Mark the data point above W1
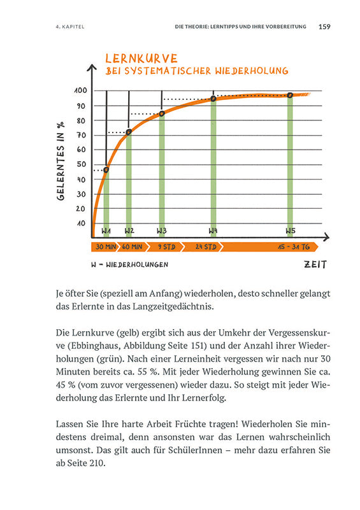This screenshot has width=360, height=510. [106, 169]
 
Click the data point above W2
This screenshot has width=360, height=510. [129, 132]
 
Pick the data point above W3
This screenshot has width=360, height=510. [162, 113]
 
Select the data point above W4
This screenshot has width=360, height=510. [213, 99]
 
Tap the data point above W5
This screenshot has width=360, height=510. [290, 95]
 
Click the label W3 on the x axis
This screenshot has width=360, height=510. [162, 230]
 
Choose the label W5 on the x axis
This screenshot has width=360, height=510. [290, 230]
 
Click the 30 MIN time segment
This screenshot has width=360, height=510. [106, 246]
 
